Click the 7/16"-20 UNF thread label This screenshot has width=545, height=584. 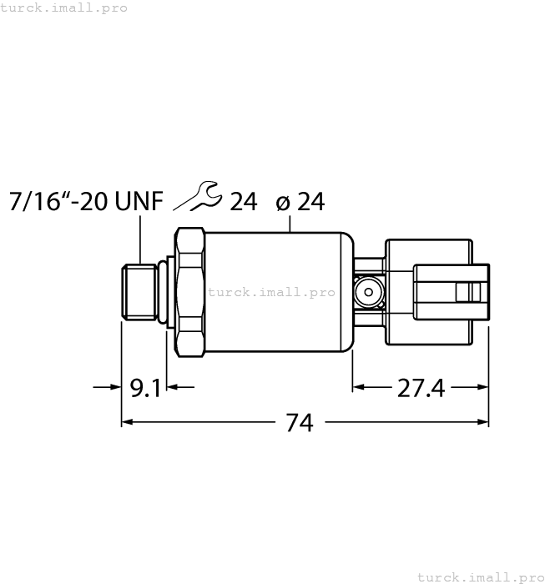click(83, 202)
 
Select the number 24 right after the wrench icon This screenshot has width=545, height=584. click(243, 202)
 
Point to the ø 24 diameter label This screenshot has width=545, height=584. click(299, 202)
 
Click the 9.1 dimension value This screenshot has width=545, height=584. click(146, 388)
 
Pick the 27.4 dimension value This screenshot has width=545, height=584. click(420, 388)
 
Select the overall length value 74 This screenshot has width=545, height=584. click(300, 423)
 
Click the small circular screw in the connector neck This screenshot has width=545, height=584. click(367, 291)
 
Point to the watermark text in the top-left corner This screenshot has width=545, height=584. click(64, 8)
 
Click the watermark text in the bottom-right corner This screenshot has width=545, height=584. click(479, 576)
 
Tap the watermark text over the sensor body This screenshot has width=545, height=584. click(271, 292)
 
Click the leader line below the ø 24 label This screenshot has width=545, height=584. click(290, 223)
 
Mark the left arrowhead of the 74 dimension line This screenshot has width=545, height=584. click(128, 422)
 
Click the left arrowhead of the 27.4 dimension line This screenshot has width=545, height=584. click(359, 387)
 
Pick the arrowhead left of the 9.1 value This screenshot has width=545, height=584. click(116, 387)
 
